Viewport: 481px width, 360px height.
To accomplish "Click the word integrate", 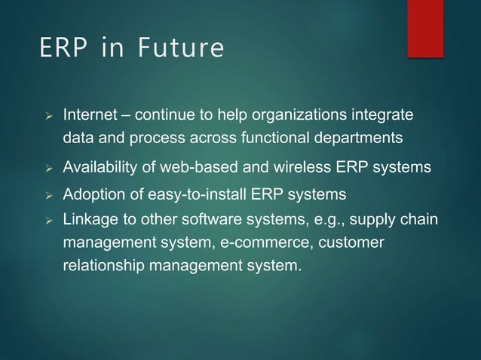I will pos(384,117).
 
